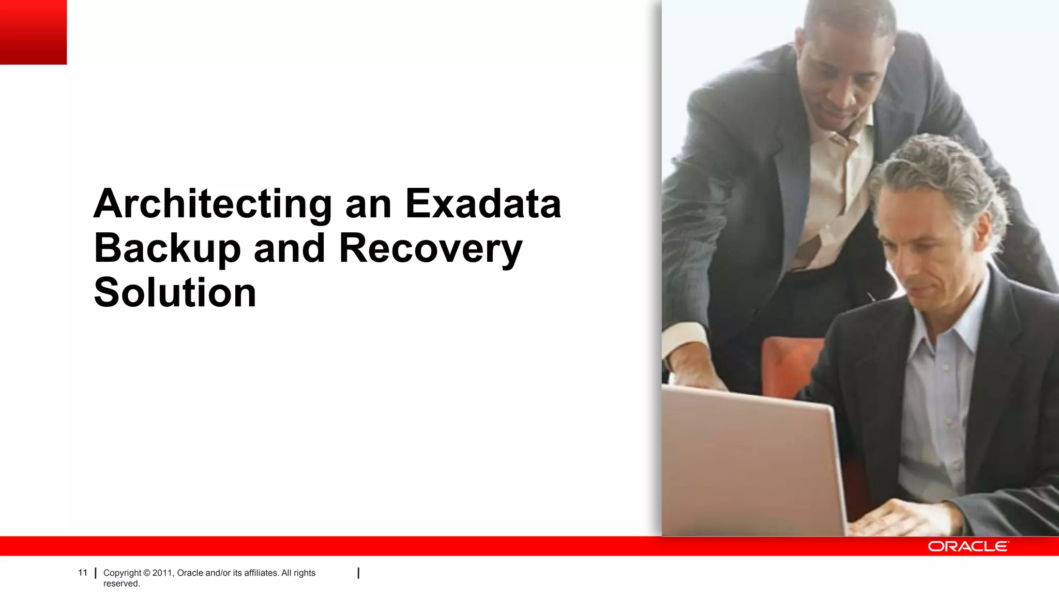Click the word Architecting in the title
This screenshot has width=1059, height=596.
[212, 205]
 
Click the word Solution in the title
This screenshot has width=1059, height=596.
[175, 293]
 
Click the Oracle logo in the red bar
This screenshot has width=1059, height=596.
[967, 546]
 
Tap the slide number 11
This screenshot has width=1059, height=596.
[83, 573]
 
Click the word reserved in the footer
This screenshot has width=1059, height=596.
[122, 584]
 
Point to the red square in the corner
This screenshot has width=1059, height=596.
[33, 32]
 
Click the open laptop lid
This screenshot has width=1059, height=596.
[750, 460]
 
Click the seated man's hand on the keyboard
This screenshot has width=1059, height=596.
[900, 517]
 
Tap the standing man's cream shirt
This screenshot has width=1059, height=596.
[833, 197]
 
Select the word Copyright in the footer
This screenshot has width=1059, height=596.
[122, 573]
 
